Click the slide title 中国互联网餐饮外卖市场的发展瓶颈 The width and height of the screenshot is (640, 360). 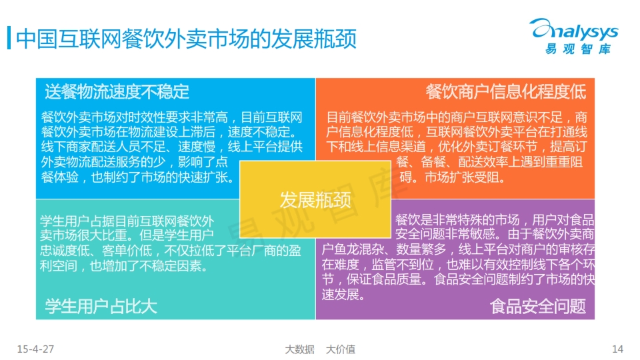click(186, 39)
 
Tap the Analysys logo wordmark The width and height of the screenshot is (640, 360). click(574, 29)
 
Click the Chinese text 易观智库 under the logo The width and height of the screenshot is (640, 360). click(578, 49)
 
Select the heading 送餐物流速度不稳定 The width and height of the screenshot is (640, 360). click(117, 91)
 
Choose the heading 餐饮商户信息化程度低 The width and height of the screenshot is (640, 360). click(506, 91)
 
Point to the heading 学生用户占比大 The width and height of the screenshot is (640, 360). click(101, 306)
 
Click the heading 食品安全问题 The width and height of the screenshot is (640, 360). click(538, 306)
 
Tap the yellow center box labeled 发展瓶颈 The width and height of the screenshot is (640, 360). click(315, 199)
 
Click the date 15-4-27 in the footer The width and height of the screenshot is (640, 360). click(35, 349)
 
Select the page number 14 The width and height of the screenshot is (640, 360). click(617, 349)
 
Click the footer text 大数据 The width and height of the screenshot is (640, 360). click(299, 349)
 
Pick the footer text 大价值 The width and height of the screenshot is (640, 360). click(341, 349)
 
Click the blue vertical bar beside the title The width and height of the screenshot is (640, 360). click(9, 38)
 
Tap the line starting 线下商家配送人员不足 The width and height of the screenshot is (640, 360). click(172, 147)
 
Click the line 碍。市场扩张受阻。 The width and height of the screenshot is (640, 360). click(453, 177)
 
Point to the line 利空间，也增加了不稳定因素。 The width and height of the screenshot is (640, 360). click(124, 266)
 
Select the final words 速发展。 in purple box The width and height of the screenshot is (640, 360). click(343, 294)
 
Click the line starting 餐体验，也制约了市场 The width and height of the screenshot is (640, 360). click(138, 177)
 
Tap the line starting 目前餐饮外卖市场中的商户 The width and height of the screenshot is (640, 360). click(457, 117)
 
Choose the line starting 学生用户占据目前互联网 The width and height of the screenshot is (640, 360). click(127, 221)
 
